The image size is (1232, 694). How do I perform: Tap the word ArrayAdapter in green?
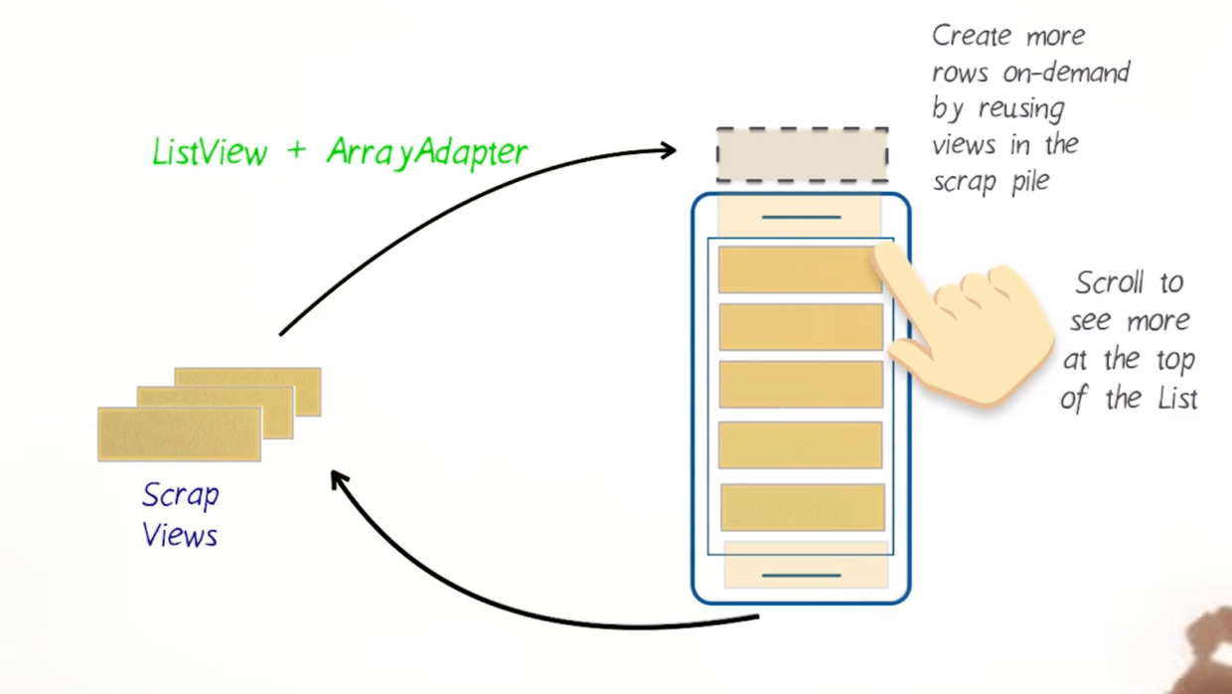pyautogui.click(x=427, y=152)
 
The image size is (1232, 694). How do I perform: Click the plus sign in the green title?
pyautogui.click(x=297, y=152)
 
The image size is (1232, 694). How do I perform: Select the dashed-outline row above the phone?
pyautogui.click(x=802, y=155)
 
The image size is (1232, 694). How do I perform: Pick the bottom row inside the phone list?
pyautogui.click(x=803, y=507)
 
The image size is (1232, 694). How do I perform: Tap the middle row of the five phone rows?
pyautogui.click(x=801, y=385)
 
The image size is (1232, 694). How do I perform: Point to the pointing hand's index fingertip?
pyautogui.click(x=883, y=254)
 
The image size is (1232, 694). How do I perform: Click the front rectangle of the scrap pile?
pyautogui.click(x=179, y=434)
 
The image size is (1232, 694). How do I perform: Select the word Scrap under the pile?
pyautogui.click(x=181, y=495)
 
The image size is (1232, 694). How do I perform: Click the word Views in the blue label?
pyautogui.click(x=180, y=536)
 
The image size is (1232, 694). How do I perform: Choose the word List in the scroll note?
pyautogui.click(x=1173, y=399)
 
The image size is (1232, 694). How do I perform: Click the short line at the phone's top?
pyautogui.click(x=801, y=217)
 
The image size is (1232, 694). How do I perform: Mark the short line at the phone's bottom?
pyautogui.click(x=801, y=575)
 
